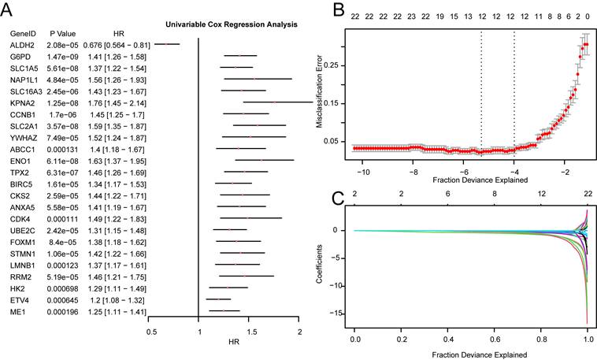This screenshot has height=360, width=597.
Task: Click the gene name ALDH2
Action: [x=22, y=46]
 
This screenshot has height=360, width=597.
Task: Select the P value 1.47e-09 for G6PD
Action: [x=62, y=58]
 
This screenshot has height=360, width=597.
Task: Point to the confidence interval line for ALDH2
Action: [x=167, y=44]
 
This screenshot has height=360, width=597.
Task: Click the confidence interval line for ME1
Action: [x=224, y=311]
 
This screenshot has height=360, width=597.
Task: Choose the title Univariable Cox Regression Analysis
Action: [x=232, y=24]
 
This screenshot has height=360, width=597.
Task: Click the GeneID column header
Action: [x=23, y=34]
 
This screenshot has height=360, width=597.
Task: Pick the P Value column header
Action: [x=63, y=34]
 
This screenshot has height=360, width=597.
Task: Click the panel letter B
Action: [x=339, y=9]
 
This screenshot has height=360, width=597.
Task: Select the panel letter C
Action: [x=339, y=198]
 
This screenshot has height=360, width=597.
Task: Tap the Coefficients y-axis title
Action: [x=319, y=264]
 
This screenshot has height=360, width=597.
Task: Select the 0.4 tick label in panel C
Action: [x=447, y=340]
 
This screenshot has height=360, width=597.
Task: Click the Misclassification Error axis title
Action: [x=319, y=91]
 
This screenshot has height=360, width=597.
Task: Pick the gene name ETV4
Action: [x=20, y=301]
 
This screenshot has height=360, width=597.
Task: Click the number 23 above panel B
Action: [x=411, y=17]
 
